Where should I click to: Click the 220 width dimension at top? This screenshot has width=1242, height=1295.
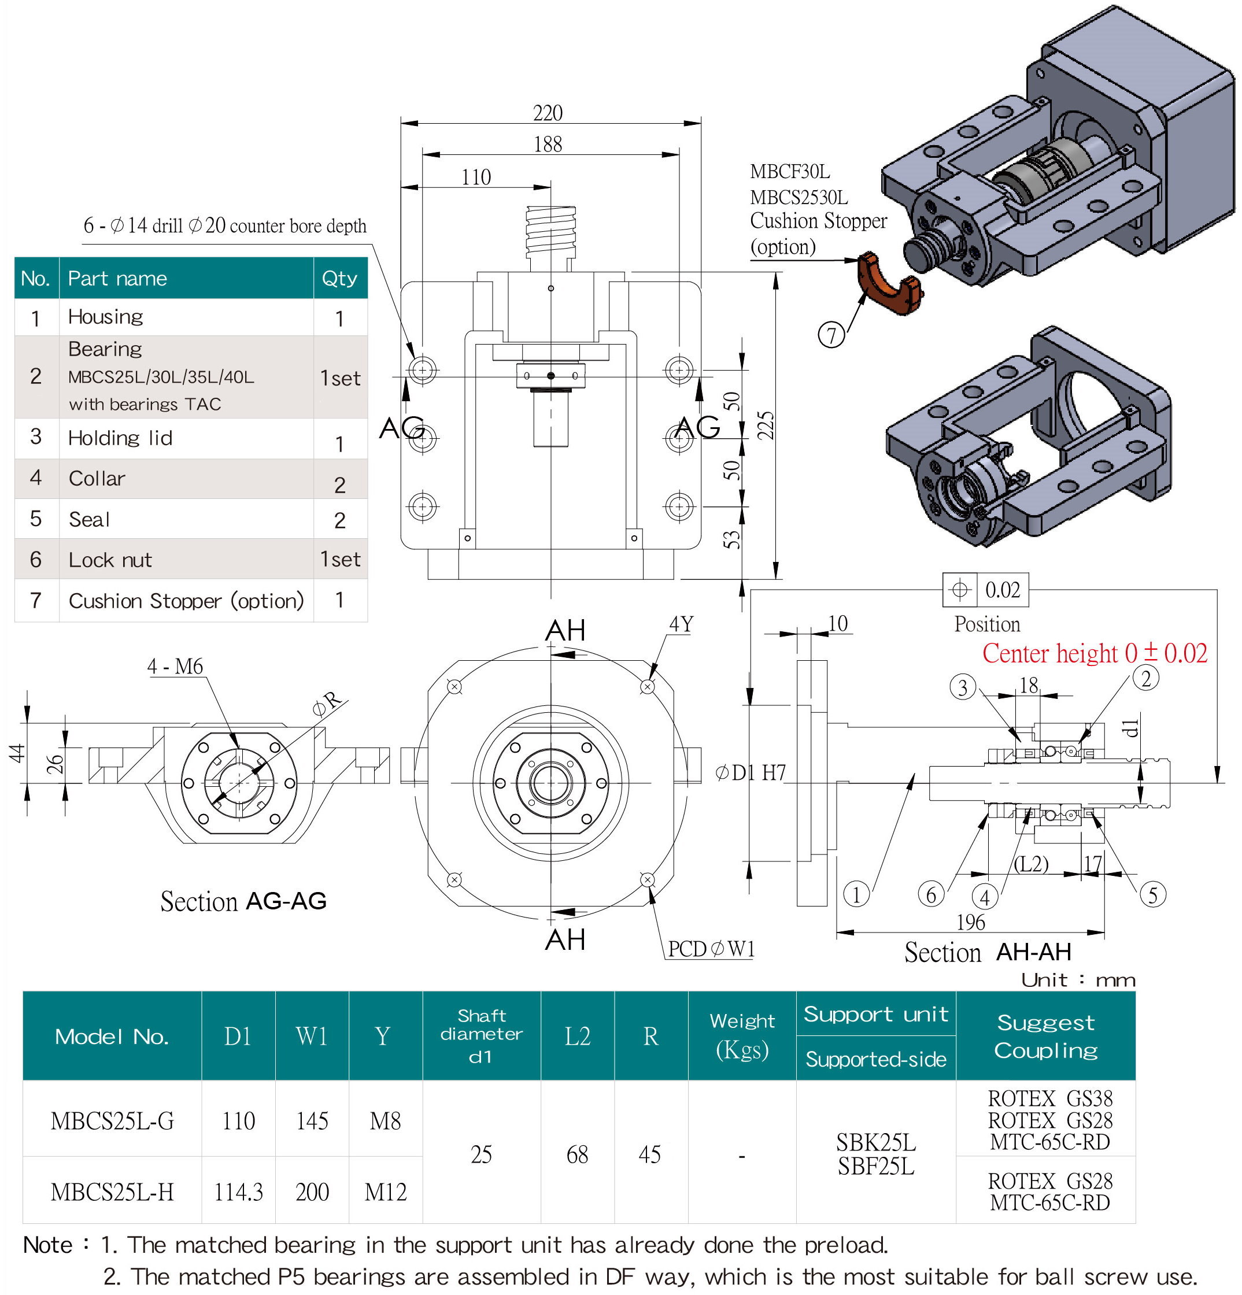(x=548, y=113)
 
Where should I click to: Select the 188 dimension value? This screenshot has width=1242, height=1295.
(x=548, y=144)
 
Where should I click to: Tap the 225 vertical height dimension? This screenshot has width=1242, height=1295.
(x=765, y=425)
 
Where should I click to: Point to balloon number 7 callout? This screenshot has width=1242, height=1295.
(x=831, y=334)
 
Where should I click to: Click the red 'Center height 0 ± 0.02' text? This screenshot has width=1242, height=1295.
(x=1094, y=653)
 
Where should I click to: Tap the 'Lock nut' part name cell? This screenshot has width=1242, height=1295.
(x=110, y=560)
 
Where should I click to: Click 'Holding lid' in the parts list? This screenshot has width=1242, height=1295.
(x=120, y=438)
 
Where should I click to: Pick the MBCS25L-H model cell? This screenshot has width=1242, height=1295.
(x=112, y=1192)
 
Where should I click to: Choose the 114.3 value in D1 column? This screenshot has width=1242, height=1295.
(x=238, y=1192)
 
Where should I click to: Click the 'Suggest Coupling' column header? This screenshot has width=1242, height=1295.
(x=1045, y=1036)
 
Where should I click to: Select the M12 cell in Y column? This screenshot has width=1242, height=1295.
(x=385, y=1192)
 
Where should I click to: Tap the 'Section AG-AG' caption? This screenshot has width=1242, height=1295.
(x=243, y=901)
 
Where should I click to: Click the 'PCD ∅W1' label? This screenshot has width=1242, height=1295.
(x=710, y=949)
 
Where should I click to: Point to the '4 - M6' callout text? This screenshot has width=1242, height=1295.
(x=175, y=666)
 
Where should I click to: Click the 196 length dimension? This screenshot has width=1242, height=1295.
(x=970, y=922)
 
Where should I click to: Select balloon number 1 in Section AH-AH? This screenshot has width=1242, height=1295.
(x=856, y=894)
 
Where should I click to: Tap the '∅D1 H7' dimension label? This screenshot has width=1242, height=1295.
(x=751, y=772)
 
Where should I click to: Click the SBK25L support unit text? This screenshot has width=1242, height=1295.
(x=875, y=1142)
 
